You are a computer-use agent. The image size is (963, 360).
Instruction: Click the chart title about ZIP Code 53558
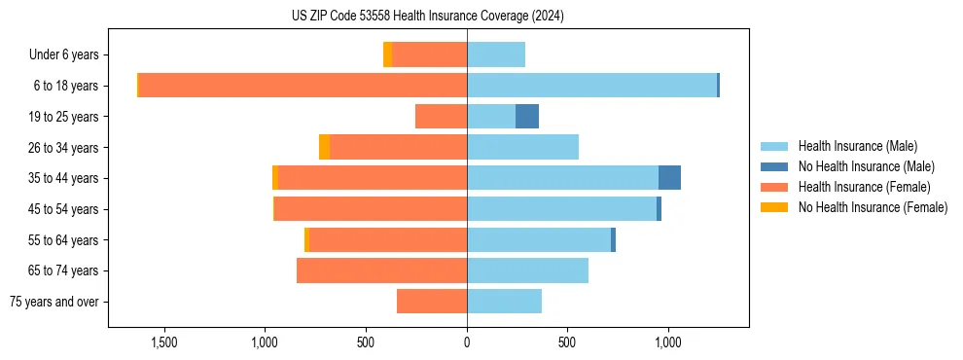[x=427, y=17]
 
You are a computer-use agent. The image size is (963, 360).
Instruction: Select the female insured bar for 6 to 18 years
[x=303, y=86]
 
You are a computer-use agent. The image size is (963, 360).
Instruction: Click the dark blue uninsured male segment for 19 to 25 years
[x=526, y=117]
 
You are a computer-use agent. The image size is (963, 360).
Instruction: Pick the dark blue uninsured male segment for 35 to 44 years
[x=669, y=178]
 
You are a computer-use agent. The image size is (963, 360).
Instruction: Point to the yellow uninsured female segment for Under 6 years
[x=387, y=54]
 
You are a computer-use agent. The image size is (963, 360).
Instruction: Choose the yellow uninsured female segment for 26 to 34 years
[x=324, y=147]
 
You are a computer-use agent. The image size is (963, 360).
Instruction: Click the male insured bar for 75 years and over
[x=504, y=302]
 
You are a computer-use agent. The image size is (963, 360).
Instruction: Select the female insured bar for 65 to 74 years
[x=381, y=270]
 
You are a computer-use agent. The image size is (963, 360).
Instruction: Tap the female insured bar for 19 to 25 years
[x=441, y=117]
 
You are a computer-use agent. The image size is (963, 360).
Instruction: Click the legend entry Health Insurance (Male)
[x=857, y=146]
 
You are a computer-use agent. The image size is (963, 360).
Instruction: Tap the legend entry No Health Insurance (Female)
[x=872, y=207]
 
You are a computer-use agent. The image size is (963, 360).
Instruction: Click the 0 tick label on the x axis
[x=467, y=342]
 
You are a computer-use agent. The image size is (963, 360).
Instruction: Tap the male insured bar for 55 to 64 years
[x=539, y=239]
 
